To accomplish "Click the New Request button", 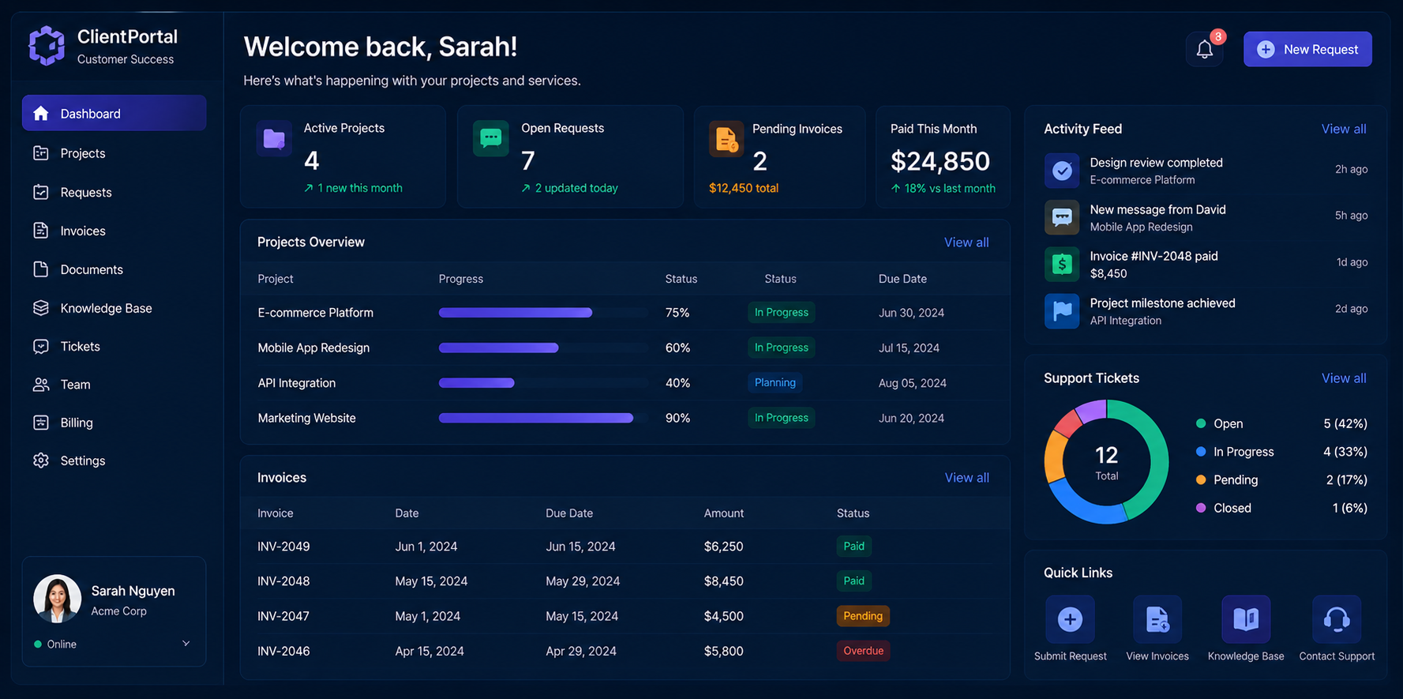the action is [x=1307, y=49].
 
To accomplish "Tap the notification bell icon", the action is [x=1204, y=50].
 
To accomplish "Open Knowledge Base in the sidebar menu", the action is [x=106, y=308].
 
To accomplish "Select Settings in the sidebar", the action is [x=82, y=460].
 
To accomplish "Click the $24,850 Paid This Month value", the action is [x=940, y=161].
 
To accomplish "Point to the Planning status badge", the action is [x=775, y=382].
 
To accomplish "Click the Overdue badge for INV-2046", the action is [x=863, y=651].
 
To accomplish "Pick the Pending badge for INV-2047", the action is [x=863, y=616].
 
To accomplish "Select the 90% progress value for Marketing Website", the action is [x=677, y=418].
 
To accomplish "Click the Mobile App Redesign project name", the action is [x=313, y=348].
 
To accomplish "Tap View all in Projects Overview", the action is [x=966, y=242].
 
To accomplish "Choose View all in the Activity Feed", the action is [x=1344, y=129].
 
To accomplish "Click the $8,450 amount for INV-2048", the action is [x=723, y=581].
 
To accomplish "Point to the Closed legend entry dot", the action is [x=1201, y=508].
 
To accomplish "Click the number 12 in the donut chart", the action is [x=1106, y=455].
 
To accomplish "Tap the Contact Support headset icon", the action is [x=1337, y=619].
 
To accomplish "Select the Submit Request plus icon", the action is [x=1070, y=619].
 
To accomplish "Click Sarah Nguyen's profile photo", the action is [x=57, y=599].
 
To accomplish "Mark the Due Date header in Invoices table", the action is [x=568, y=513].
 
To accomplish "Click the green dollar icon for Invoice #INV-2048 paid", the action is [x=1062, y=264].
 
